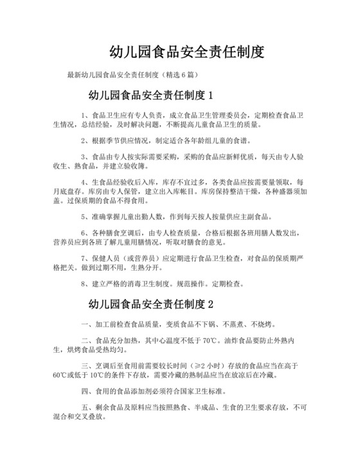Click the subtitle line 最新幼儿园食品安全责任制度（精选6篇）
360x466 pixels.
pos(132,75)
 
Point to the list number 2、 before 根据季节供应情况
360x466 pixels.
pos(86,140)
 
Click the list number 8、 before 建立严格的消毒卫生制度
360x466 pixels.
pos(86,283)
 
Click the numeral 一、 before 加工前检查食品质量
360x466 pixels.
pos(87,323)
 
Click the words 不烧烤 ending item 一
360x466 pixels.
pos(264,323)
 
